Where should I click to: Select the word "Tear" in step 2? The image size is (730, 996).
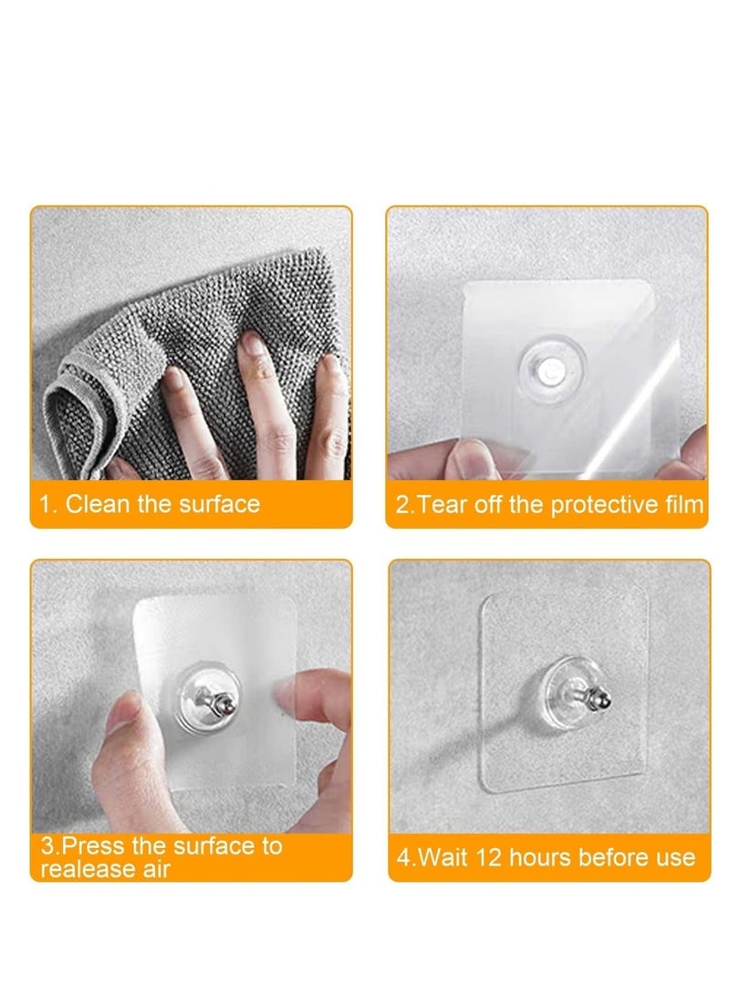point(441,505)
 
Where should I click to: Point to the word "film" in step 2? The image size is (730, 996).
point(683,505)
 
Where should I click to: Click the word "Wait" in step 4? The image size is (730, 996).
point(445,858)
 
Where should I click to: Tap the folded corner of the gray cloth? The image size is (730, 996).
point(64,402)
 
